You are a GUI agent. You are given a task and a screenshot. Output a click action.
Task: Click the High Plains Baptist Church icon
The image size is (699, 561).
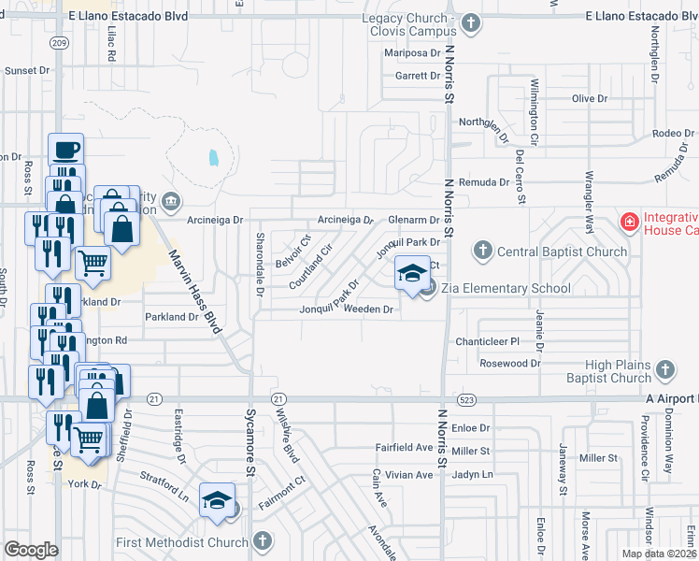pos(664,371)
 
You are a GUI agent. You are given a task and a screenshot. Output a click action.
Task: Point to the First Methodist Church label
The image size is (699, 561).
pos(181,542)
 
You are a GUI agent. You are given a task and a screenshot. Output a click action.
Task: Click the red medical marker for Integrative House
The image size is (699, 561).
pos(630,223)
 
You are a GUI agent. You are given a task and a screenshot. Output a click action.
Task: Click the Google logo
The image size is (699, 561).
pos(31,550)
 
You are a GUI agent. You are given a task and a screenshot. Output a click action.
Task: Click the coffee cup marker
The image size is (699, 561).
pos(65,150)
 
